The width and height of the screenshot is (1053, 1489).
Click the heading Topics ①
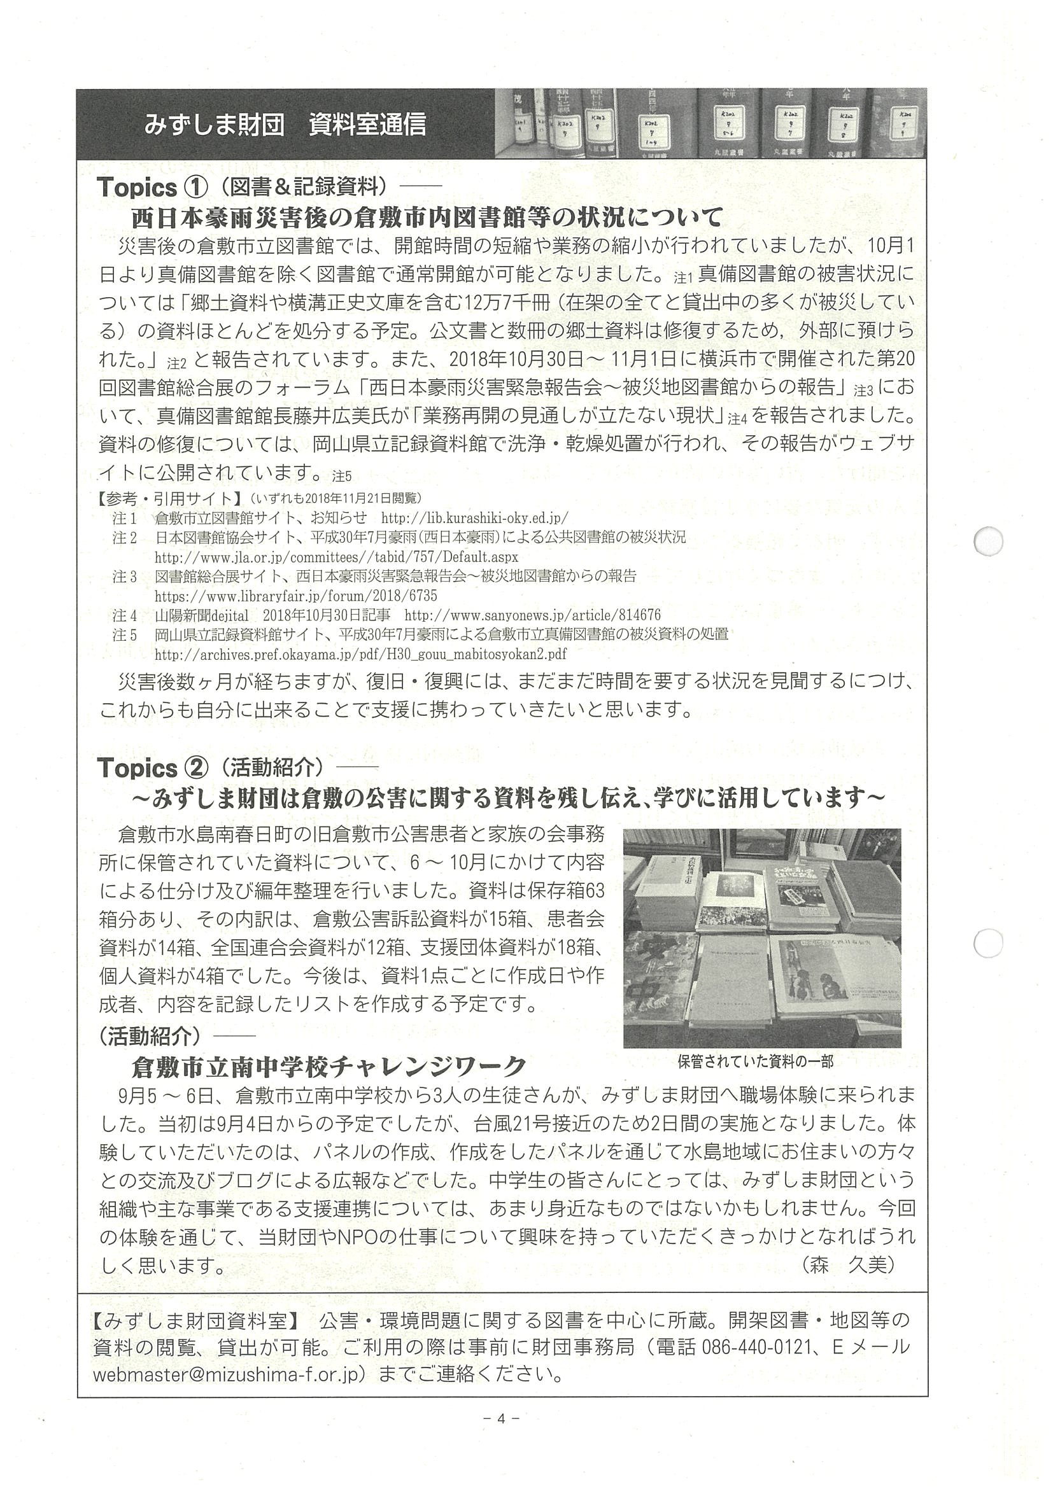click(152, 188)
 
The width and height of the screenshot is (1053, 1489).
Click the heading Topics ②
click(152, 768)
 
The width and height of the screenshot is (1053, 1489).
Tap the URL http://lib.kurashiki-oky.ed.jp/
click(474, 518)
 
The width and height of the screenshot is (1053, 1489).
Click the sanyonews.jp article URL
click(532, 615)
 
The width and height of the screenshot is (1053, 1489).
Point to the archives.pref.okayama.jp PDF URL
click(361, 654)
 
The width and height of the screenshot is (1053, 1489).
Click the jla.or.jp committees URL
click(336, 557)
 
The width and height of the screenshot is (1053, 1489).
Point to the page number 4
click(501, 1430)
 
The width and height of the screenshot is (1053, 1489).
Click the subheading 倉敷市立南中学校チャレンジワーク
click(328, 1065)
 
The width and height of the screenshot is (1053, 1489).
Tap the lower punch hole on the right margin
click(989, 943)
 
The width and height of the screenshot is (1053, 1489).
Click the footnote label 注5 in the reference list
click(124, 634)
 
